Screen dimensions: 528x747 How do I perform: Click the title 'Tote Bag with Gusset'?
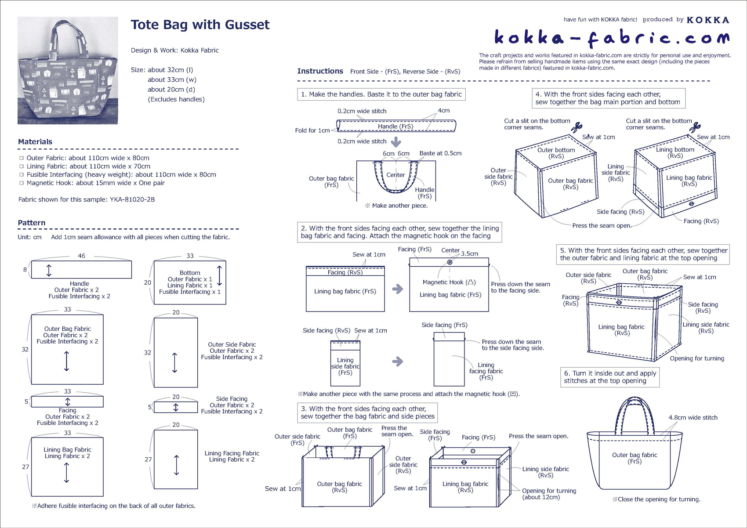pyautogui.click(x=200, y=25)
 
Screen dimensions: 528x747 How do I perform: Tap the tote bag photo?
pyautogui.click(x=68, y=70)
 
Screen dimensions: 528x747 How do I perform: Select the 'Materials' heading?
pyautogui.click(x=35, y=141)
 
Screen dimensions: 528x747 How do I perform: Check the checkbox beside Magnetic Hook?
pyautogui.click(x=22, y=183)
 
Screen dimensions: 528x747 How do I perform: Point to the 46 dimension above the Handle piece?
pyautogui.click(x=81, y=256)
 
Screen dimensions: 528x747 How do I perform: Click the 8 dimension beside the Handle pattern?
pyautogui.click(x=25, y=270)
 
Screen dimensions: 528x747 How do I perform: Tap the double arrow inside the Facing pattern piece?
pyautogui.click(x=68, y=401)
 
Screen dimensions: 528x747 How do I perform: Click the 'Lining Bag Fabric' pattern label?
pyautogui.click(x=67, y=449)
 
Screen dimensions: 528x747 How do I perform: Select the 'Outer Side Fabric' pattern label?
pyautogui.click(x=232, y=344)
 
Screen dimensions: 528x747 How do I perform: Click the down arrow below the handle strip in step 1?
pyautogui.click(x=396, y=142)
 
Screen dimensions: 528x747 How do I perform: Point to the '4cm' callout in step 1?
pyautogui.click(x=443, y=110)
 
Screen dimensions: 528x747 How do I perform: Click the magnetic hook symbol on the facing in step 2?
pyautogui.click(x=450, y=262)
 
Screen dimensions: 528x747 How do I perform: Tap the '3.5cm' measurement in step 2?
pyautogui.click(x=469, y=253)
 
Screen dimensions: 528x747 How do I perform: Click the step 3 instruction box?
pyautogui.click(x=367, y=412)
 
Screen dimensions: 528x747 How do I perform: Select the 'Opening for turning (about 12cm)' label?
pyautogui.click(x=549, y=494)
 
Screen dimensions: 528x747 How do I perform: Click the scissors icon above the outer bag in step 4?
pyautogui.click(x=576, y=127)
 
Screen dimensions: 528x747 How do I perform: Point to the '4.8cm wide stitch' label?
pyautogui.click(x=693, y=417)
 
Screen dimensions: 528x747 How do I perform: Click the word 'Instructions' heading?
pyautogui.click(x=320, y=71)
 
